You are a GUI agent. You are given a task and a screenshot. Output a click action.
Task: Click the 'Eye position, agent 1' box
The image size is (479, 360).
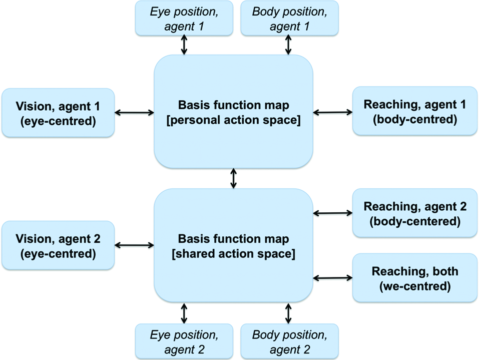184,19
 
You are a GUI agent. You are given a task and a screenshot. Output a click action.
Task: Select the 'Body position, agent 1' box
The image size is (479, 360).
289,19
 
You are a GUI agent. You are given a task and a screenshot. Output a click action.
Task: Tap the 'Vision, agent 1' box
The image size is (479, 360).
58,113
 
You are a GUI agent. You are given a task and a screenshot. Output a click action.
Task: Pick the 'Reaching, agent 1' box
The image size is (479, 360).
414,112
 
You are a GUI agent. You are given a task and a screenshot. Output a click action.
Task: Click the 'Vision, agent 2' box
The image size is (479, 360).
58,246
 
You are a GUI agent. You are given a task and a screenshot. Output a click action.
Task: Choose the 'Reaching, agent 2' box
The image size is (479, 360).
414,213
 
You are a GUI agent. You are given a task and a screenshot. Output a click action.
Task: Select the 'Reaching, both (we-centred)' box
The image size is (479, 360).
414,278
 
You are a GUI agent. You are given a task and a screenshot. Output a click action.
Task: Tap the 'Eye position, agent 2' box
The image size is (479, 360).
184,341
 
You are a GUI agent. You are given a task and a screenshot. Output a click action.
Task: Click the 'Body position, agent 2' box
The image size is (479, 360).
289,341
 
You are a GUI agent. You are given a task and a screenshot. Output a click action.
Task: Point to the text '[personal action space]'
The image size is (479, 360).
233,120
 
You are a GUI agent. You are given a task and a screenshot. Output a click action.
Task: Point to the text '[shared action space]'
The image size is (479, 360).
233,253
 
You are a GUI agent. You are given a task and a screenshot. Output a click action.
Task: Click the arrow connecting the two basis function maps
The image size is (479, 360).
233,178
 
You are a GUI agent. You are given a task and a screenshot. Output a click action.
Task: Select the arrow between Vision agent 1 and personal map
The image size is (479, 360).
134,113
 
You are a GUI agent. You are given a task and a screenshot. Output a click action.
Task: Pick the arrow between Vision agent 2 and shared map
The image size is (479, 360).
134,245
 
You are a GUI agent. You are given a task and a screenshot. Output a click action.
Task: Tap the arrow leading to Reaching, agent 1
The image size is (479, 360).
332,112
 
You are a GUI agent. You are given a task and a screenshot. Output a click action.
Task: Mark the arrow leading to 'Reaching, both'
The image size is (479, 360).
332,277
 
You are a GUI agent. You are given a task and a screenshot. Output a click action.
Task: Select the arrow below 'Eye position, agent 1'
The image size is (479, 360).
184,46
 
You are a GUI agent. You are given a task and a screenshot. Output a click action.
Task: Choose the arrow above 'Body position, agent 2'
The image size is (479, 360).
288,313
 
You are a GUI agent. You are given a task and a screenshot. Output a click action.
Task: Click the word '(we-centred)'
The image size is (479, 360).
414,287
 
